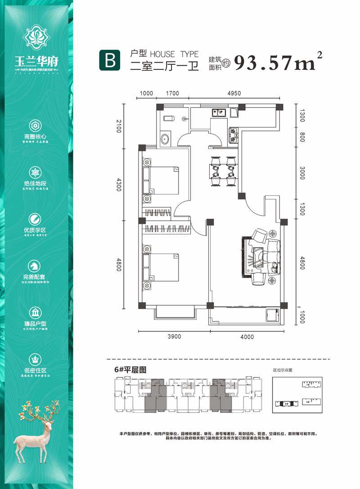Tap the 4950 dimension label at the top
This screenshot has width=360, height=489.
pyautogui.click(x=234, y=94)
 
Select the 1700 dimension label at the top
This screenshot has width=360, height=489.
pyautogui.click(x=172, y=94)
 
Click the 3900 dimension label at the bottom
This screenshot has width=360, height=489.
pyautogui.click(x=173, y=336)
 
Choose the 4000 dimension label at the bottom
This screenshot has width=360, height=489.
pyautogui.click(x=247, y=336)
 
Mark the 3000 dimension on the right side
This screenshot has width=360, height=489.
pyautogui.click(x=302, y=173)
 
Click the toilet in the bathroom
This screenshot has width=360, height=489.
pyautogui.click(x=167, y=119)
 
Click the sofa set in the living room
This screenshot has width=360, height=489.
pyautogui.click(x=263, y=257)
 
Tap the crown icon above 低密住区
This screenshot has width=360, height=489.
pyautogui.click(x=35, y=359)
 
